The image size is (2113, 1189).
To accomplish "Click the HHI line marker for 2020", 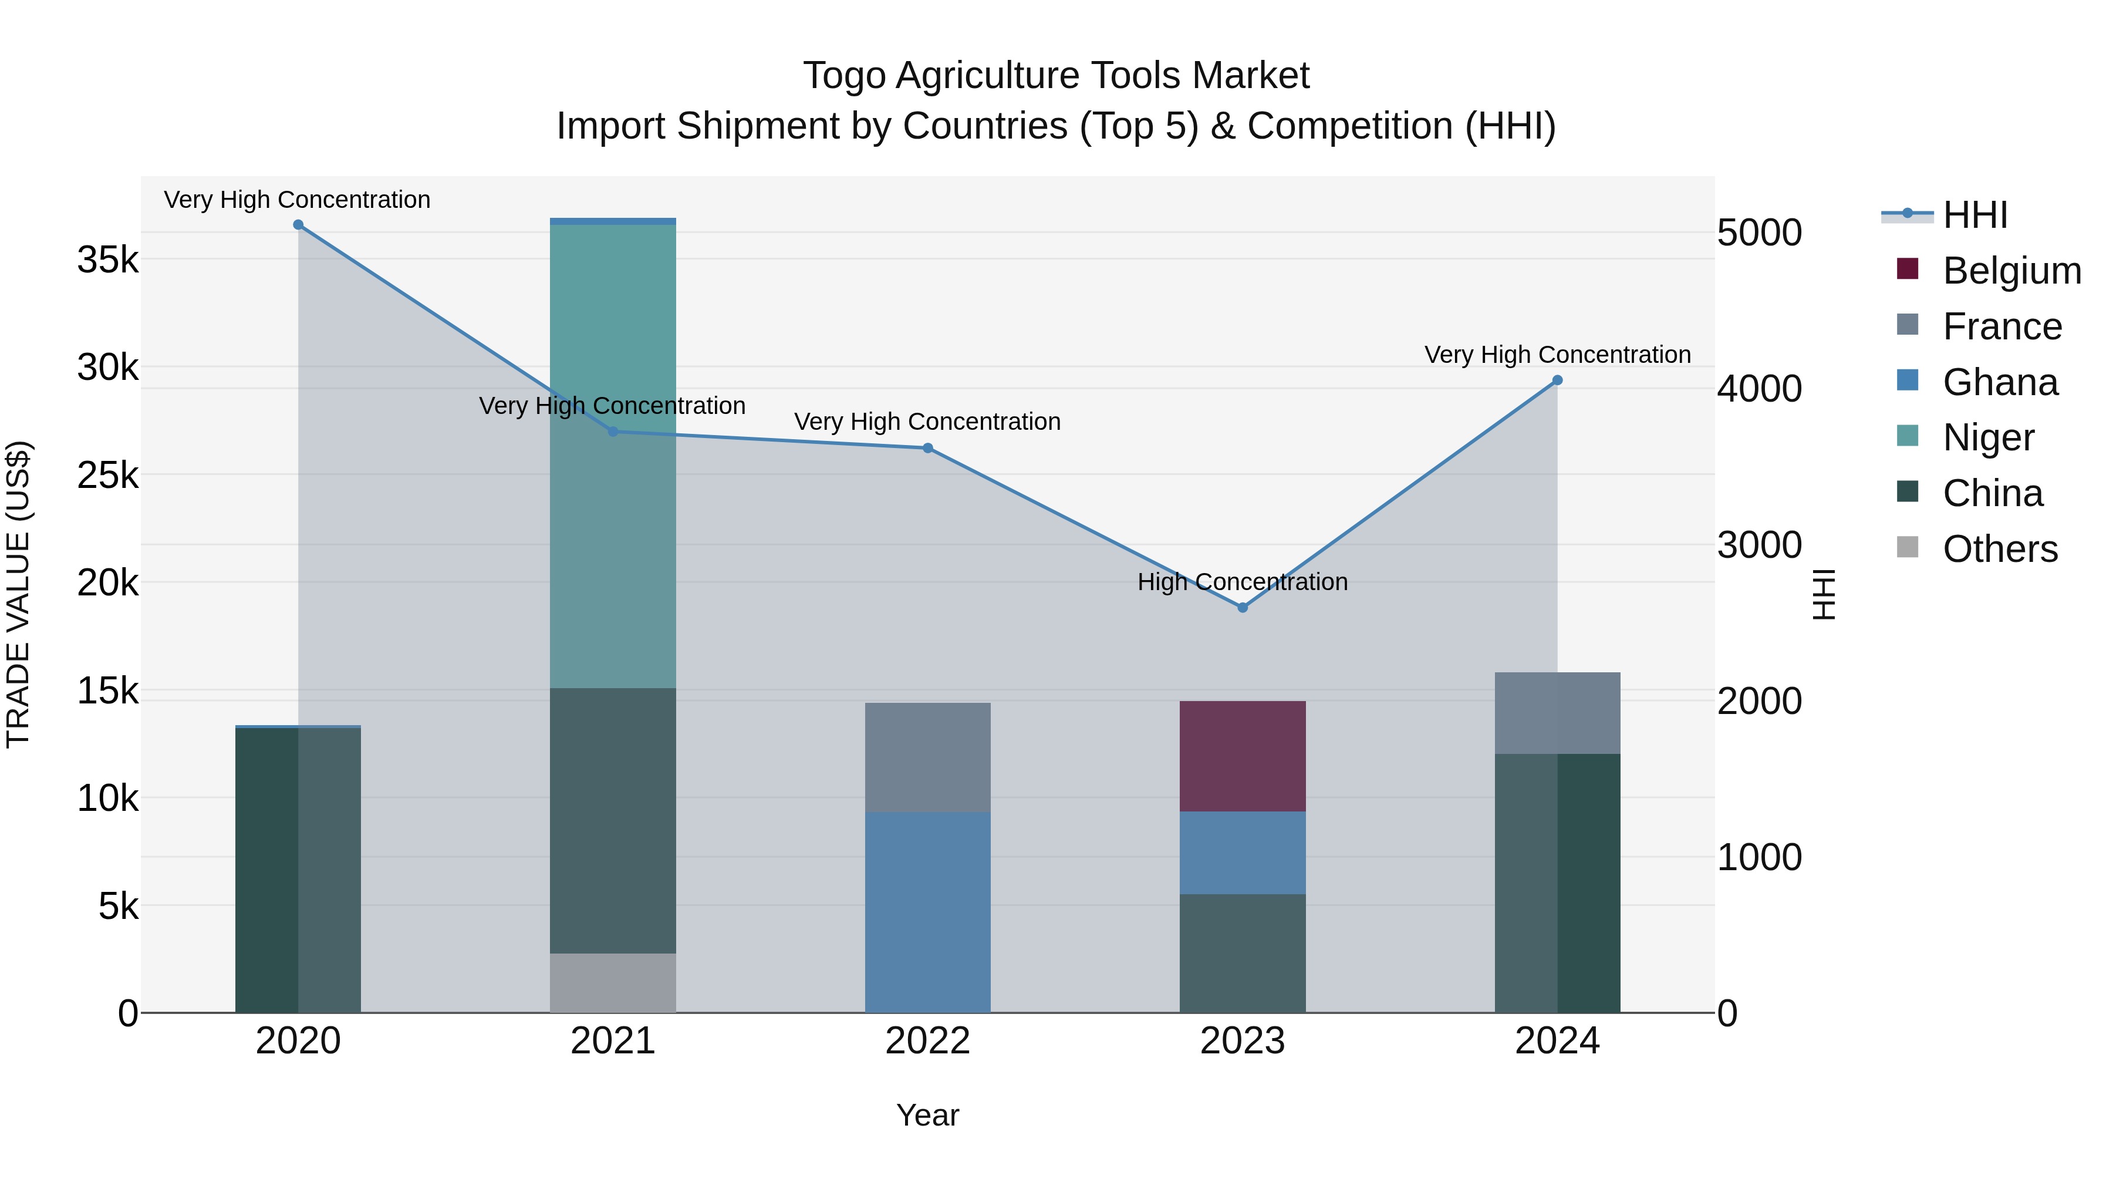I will tap(298, 225).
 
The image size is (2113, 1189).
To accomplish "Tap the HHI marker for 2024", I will tap(1557, 380).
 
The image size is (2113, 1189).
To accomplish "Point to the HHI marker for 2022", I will tap(928, 448).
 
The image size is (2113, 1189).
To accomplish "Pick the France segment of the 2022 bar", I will tap(928, 757).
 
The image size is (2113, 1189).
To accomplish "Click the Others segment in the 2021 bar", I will tap(613, 982).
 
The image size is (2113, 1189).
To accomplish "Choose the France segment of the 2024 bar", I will tap(1557, 712).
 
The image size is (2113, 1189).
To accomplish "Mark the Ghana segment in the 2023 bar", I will tap(1242, 853).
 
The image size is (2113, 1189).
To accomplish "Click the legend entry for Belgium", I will tap(2011, 271).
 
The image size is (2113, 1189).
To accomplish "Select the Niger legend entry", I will tap(1989, 437).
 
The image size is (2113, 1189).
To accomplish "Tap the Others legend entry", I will tap(2000, 549).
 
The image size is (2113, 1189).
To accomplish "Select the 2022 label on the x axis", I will tap(928, 1041).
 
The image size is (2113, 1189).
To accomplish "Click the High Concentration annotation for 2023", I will tap(1242, 582).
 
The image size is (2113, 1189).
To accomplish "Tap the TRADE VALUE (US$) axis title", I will tap(19, 594).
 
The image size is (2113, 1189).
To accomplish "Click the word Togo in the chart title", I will tap(843, 76).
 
